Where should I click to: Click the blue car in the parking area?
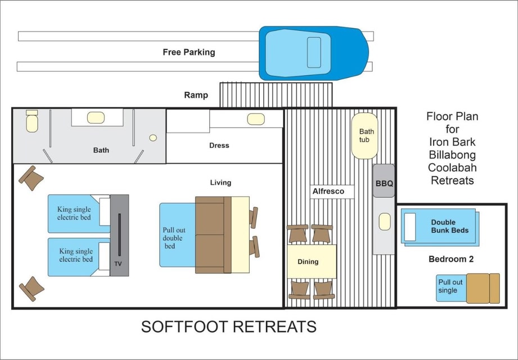(313, 53)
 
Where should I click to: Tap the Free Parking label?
(188, 52)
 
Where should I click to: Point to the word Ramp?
(196, 95)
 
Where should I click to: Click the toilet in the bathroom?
(31, 121)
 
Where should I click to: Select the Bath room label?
(101, 150)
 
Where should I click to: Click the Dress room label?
(219, 145)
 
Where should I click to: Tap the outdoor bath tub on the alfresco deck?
(364, 136)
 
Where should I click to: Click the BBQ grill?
(384, 181)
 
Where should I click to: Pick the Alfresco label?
(328, 191)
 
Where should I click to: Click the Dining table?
(312, 261)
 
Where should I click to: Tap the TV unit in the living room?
(119, 235)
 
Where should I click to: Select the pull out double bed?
(177, 235)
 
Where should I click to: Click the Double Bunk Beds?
(440, 227)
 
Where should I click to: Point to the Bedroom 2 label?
(451, 259)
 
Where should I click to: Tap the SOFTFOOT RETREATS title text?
(228, 327)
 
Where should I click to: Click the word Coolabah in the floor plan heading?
(452, 168)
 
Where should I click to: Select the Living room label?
(220, 183)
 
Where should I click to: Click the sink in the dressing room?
(256, 119)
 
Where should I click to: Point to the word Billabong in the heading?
(452, 155)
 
